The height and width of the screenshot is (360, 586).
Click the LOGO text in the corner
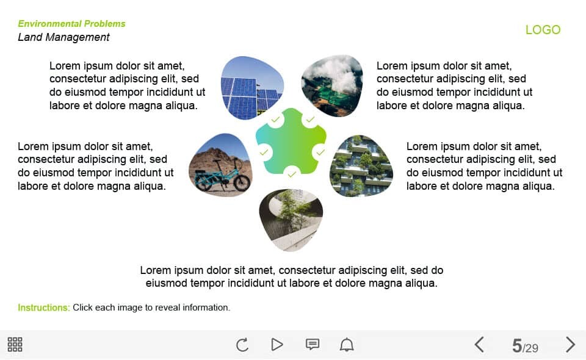coord(543,29)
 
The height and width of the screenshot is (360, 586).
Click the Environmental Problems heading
coord(72,24)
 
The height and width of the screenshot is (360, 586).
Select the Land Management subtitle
coord(63,37)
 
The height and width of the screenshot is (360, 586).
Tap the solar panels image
coord(252,88)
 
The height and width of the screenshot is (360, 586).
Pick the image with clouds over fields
coord(332,85)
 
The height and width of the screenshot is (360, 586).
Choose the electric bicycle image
coord(220,165)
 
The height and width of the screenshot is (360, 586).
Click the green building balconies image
coord(361,166)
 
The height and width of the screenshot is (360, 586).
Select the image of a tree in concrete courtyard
coord(291,220)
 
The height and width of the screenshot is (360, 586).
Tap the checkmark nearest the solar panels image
coord(275,120)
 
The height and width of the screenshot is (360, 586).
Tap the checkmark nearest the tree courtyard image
coord(292,174)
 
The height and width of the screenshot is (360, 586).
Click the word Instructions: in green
coord(44,308)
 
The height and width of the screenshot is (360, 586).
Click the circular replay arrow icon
coord(242,344)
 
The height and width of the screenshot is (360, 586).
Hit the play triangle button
coord(277,344)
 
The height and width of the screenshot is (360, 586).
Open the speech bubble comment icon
coord(313,344)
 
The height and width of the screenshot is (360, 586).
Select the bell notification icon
coord(347,344)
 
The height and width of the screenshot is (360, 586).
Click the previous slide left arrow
coord(479,344)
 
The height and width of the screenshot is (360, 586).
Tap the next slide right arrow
coord(570,344)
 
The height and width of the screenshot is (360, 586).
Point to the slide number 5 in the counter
coord(517,346)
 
